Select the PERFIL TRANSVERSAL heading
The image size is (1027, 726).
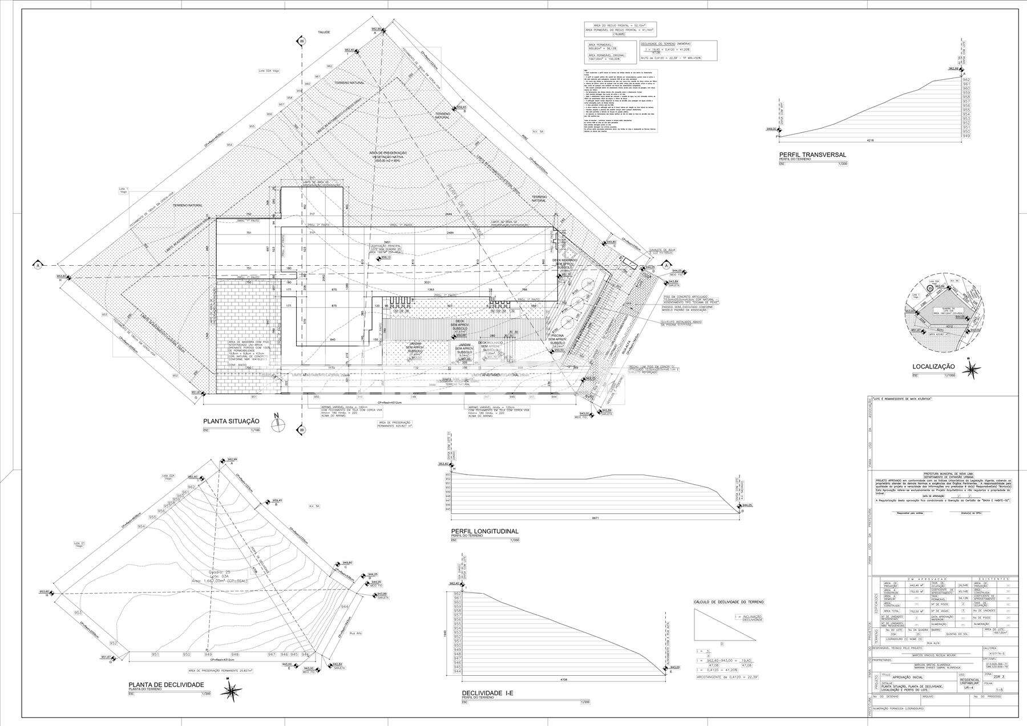(x=812, y=155)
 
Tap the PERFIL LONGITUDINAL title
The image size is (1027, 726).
(x=484, y=531)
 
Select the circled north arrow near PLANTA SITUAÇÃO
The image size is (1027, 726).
(x=276, y=424)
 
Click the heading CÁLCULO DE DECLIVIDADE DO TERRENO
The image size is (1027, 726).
(x=728, y=602)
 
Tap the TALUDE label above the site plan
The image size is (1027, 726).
(x=324, y=33)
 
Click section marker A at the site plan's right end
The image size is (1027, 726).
(x=666, y=265)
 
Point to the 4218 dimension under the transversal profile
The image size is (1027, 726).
(x=870, y=140)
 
